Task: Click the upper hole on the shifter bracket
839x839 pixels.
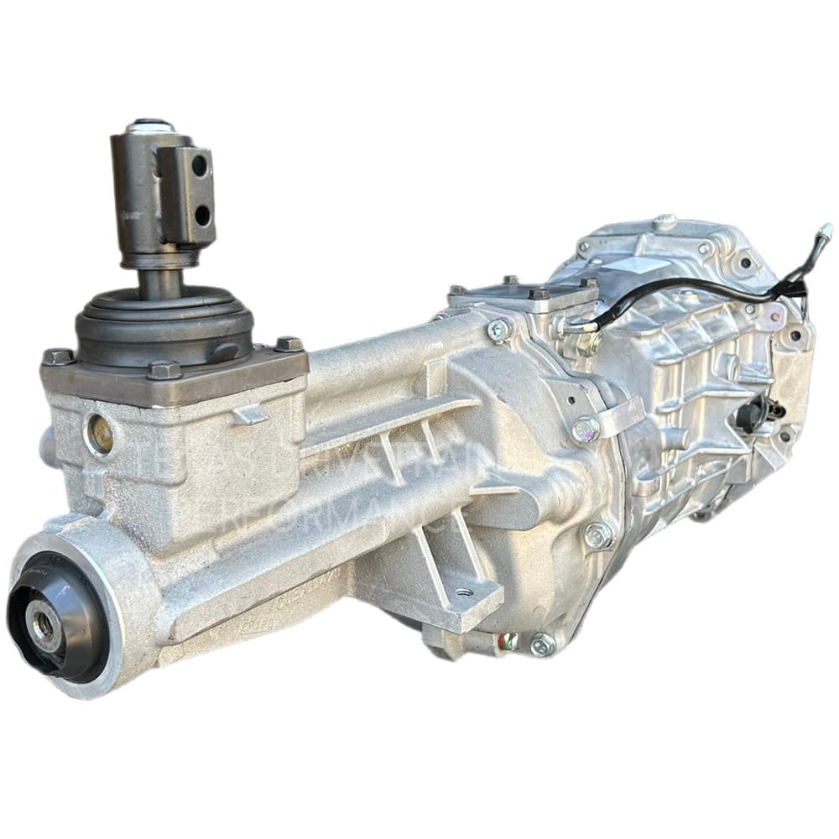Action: [200, 165]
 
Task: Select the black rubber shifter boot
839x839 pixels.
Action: [164, 323]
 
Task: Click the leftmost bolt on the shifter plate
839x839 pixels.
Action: [58, 357]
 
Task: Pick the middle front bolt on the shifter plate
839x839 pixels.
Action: [164, 369]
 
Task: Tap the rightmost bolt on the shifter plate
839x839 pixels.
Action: [288, 344]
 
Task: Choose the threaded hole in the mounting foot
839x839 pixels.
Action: [463, 592]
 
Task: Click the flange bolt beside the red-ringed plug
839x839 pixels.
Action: [542, 644]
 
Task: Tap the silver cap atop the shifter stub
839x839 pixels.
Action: [152, 126]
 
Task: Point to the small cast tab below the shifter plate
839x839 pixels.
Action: [250, 414]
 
